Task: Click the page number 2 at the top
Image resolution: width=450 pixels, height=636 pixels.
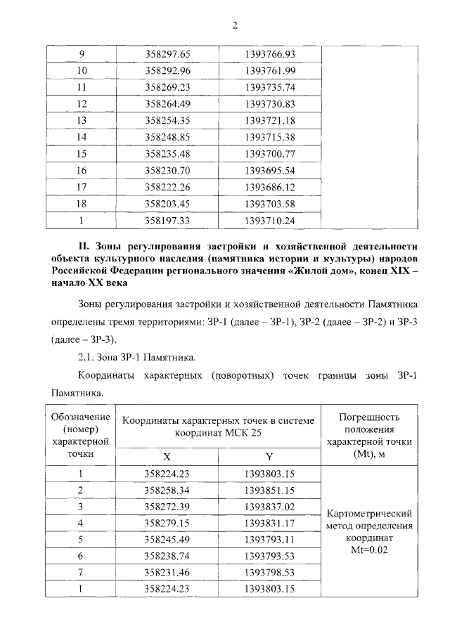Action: [x=236, y=26]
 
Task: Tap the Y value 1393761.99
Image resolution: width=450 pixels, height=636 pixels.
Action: [x=269, y=70]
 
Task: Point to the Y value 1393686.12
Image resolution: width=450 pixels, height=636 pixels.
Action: [x=269, y=187]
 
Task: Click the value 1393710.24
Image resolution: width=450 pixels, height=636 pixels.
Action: [x=269, y=220]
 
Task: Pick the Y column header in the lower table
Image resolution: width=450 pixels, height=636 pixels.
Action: [x=269, y=457]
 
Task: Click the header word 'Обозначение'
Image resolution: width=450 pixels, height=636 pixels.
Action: [x=80, y=417]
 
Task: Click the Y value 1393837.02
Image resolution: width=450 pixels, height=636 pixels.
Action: [x=269, y=506]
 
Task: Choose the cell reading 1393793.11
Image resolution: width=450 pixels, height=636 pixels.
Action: [x=269, y=539]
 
